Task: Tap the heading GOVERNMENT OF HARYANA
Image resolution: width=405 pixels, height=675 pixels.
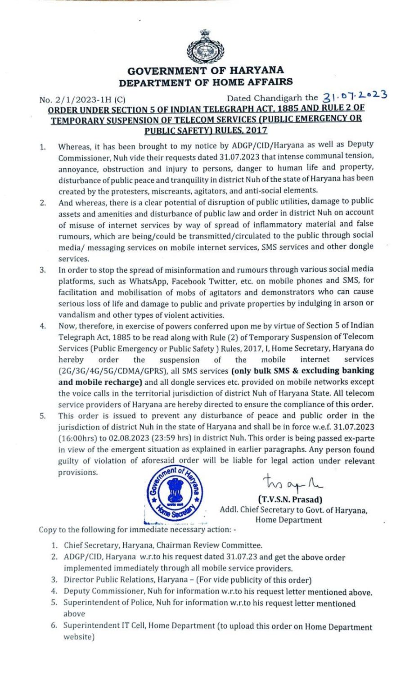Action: tap(206, 71)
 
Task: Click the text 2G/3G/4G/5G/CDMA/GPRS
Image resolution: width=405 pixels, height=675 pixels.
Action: tap(113, 371)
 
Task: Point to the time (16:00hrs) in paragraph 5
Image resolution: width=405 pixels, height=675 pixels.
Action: tap(78, 438)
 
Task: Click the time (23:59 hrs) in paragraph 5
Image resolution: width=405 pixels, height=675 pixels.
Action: tap(165, 438)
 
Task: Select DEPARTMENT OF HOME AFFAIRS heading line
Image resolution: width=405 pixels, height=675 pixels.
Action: tap(206, 82)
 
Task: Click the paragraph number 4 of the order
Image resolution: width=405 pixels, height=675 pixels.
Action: tap(43, 326)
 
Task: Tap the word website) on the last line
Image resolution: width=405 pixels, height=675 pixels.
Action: tap(79, 637)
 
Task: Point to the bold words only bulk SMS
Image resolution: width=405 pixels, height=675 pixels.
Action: tap(259, 371)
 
